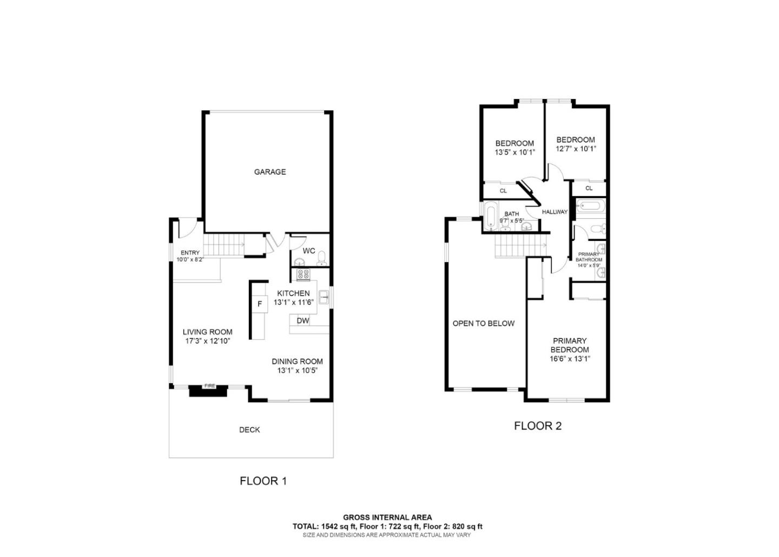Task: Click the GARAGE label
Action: coord(270,172)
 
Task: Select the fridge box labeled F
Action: coord(260,304)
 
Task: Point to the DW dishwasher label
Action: coord(303,320)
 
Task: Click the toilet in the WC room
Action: coord(321,258)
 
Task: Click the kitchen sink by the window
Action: coord(324,297)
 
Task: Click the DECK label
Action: coord(249,430)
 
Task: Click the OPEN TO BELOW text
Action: coord(484,324)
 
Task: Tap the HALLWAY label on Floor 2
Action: coord(554,212)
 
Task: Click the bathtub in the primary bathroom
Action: coord(589,206)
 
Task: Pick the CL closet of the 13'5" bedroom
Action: coord(503,191)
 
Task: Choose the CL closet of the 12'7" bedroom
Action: coord(589,188)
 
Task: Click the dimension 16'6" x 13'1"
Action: coord(570,358)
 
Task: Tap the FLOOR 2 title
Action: coord(538,426)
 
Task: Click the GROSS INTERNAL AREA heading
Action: coord(387,517)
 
